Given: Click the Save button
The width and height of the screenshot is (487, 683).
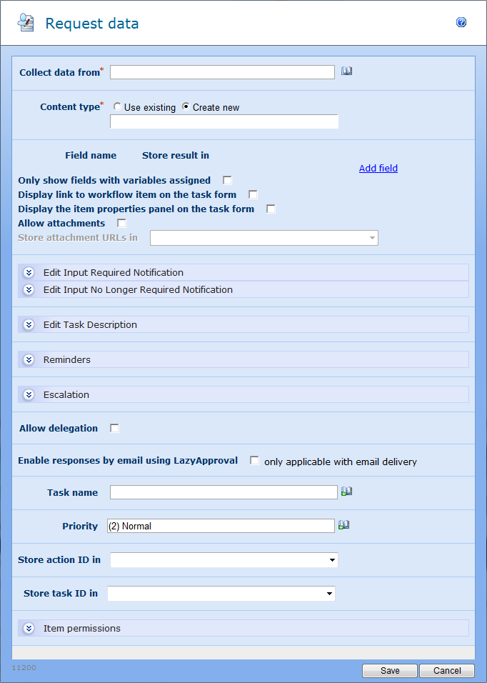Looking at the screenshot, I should (x=390, y=671).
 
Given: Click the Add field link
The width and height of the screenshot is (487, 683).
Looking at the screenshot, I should (x=378, y=169).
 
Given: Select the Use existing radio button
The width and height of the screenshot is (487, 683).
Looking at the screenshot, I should (x=117, y=107).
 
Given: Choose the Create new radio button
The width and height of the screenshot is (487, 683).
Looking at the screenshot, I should (x=186, y=107).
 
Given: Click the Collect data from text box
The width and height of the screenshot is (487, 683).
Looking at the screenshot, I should (x=222, y=72).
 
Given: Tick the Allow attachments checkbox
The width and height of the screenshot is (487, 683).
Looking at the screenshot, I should (x=121, y=224).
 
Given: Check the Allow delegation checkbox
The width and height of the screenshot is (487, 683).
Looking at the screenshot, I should (x=114, y=429).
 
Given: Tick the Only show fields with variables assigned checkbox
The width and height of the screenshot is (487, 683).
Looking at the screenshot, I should (x=228, y=181).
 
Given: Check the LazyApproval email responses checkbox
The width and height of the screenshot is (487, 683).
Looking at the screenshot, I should (x=254, y=461).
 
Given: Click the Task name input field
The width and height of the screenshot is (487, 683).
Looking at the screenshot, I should (x=224, y=492).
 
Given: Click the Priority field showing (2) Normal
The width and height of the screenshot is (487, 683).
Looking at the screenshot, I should (x=221, y=526).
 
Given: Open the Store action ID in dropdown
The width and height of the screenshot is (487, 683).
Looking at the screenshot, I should (x=224, y=560).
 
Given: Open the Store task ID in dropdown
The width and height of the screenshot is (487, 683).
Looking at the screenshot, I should (x=221, y=594).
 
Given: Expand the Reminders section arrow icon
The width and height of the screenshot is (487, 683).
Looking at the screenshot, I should (x=29, y=360).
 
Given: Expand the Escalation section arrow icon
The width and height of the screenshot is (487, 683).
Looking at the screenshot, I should (x=29, y=395).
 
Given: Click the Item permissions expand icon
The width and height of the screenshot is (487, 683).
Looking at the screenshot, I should (x=29, y=629).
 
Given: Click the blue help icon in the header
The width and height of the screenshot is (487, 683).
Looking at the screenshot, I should (x=461, y=23).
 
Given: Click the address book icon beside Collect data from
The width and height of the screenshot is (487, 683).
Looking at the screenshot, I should (x=347, y=71).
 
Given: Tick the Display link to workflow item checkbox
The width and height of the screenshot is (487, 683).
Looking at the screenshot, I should (x=253, y=194).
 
